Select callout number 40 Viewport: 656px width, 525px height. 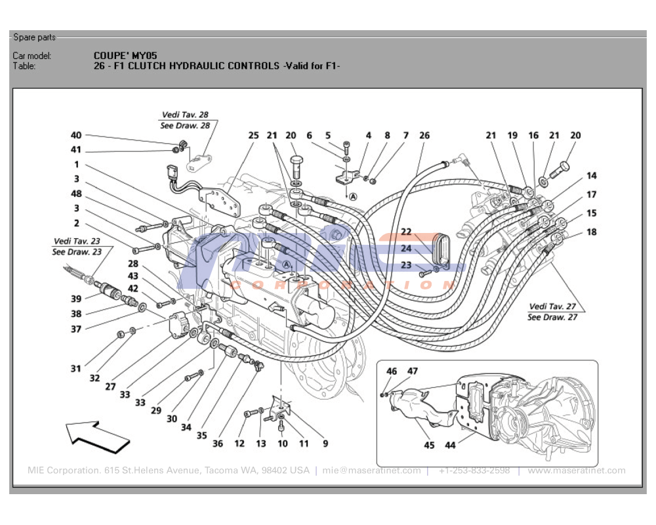[x=76, y=135]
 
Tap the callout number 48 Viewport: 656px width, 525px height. [x=76, y=194]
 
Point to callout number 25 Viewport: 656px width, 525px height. [x=253, y=136]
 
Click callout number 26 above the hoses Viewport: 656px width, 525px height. [x=424, y=136]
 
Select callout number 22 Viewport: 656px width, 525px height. [x=406, y=232]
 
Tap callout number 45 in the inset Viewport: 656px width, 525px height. [x=429, y=446]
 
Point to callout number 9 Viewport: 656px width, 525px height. [x=325, y=444]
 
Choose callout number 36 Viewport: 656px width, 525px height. [x=218, y=444]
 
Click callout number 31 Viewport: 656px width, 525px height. [x=76, y=369]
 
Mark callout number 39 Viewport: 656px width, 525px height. [x=76, y=299]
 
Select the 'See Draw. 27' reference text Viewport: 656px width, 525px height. [x=552, y=317]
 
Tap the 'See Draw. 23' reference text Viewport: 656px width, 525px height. [x=77, y=252]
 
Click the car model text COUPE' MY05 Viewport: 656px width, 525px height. [x=125, y=56]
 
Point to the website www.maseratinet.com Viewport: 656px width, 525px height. [x=576, y=471]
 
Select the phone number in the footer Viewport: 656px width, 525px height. [x=474, y=471]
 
